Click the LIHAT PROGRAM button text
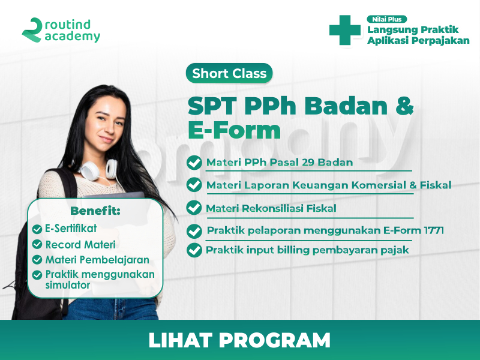(239, 340)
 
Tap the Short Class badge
(229, 73)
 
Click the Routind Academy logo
(61, 30)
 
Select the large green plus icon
(344, 30)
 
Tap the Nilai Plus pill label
(386, 19)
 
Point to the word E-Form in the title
(234, 130)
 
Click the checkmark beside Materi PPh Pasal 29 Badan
(194, 163)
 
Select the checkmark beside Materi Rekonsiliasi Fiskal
(194, 208)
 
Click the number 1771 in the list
(434, 230)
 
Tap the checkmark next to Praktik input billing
(194, 250)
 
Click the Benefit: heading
(95, 211)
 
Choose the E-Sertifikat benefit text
(71, 229)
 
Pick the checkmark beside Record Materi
(37, 244)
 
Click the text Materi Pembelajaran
(97, 260)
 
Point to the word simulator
(68, 285)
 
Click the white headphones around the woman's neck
(98, 169)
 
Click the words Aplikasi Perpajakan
(418, 40)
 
